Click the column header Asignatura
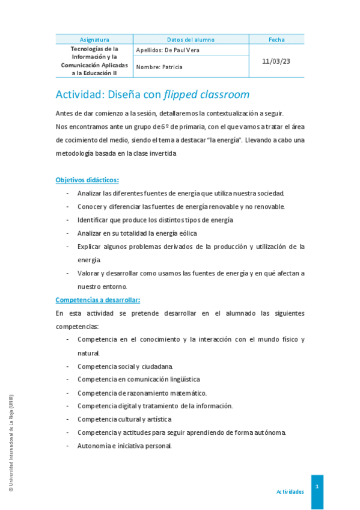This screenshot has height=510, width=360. pyautogui.click(x=94, y=40)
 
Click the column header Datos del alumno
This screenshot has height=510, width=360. pyautogui.click(x=191, y=40)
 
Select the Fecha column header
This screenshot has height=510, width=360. pyautogui.click(x=276, y=40)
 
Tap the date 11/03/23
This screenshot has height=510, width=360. pyautogui.click(x=276, y=61)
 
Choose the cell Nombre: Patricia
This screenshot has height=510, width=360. pyautogui.click(x=159, y=67)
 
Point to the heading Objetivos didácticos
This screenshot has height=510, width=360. pyautogui.click(x=87, y=180)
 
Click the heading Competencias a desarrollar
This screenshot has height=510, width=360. pyautogui.click(x=97, y=300)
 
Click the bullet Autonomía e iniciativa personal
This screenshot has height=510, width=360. pyautogui.click(x=124, y=446)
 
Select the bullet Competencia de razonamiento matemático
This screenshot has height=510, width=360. pyautogui.click(x=142, y=392)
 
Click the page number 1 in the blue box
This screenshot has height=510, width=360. pyautogui.click(x=317, y=486)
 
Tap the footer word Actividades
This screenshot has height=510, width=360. pyautogui.click(x=290, y=491)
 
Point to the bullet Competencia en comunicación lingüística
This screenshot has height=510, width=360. pyautogui.click(x=139, y=379)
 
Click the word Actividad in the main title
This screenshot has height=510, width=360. pyautogui.click(x=80, y=94)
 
